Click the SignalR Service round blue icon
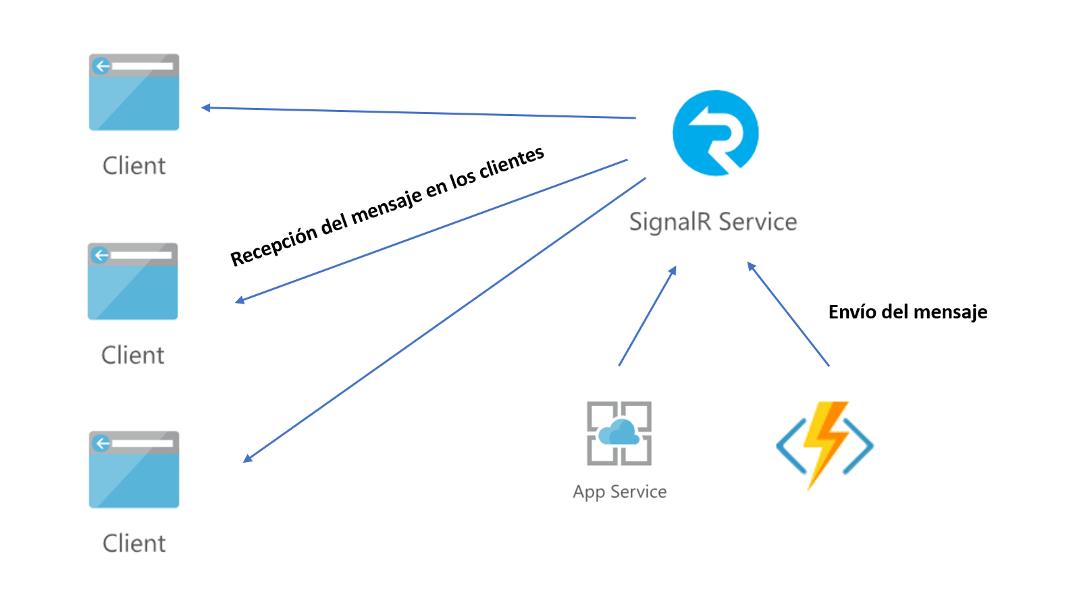coord(715,133)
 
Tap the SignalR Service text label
coord(712,222)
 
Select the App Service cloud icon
coord(619,433)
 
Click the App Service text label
coord(619,492)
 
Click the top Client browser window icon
coord(134,92)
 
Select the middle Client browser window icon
coord(132,281)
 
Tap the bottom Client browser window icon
coord(134,470)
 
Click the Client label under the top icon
coord(134,166)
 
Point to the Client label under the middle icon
coord(132,356)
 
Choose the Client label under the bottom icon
coord(134,544)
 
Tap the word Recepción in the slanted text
coord(274,246)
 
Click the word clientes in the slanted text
coord(511,164)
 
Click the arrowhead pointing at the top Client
coord(206,107)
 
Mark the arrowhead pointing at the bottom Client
coord(248,458)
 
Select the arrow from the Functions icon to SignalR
coord(788,314)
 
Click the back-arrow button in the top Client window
coord(102,66)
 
